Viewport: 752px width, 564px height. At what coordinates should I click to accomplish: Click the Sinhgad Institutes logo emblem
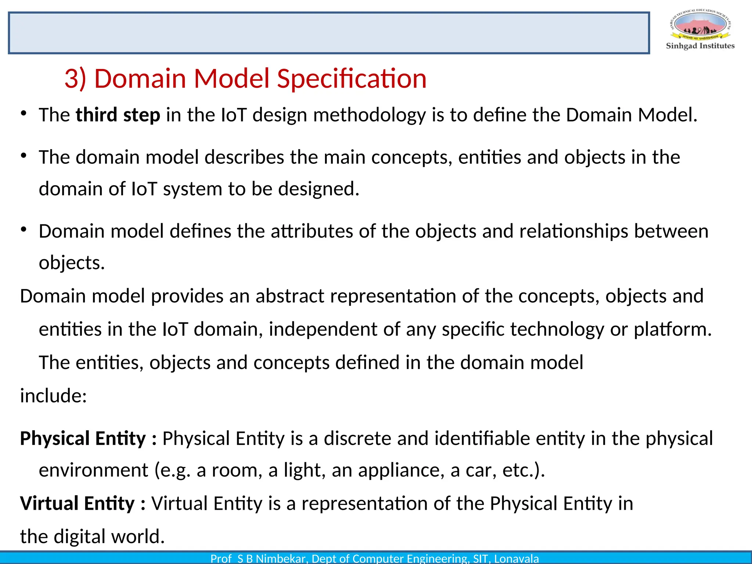[x=700, y=25]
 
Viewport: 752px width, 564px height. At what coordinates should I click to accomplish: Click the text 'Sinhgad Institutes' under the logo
[x=700, y=46]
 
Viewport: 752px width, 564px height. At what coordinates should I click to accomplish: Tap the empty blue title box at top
[x=329, y=33]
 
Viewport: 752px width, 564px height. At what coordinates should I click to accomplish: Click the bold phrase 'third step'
[x=118, y=115]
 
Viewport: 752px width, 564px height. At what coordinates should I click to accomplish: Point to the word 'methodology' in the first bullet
[x=369, y=115]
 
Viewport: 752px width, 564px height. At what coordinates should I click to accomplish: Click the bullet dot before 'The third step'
[x=24, y=113]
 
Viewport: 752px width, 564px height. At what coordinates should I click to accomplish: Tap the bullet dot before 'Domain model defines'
[x=24, y=230]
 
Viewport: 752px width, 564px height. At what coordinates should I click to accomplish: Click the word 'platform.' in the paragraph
[x=673, y=329]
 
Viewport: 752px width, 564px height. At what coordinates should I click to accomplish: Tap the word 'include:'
[x=53, y=396]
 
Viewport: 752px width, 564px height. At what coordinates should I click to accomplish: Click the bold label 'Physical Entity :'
[x=88, y=438]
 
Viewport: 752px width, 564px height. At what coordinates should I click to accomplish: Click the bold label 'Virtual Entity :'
[x=83, y=503]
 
